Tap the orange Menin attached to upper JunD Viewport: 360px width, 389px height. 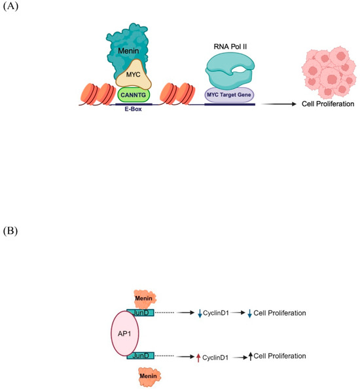143,298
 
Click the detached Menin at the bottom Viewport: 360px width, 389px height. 150,375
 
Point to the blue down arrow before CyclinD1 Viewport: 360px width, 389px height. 200,314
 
